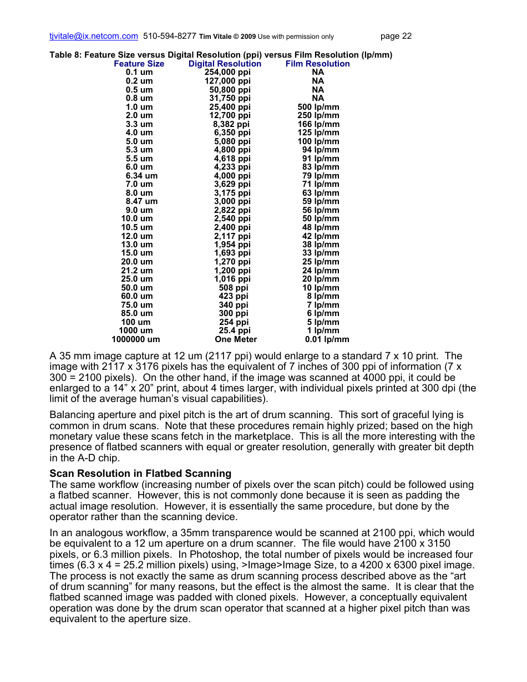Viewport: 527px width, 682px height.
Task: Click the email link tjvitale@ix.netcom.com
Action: click(x=94, y=36)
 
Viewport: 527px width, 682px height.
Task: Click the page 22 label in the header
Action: click(x=396, y=36)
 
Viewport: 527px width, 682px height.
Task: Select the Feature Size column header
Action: click(x=139, y=64)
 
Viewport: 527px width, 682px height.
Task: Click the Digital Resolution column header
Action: click(x=225, y=64)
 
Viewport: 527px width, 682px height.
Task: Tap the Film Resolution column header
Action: click(x=317, y=64)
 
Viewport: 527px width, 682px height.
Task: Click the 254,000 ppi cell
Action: click(x=227, y=72)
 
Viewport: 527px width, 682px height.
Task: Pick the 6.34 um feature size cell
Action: click(x=141, y=176)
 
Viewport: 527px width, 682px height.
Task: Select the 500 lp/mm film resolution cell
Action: click(x=318, y=107)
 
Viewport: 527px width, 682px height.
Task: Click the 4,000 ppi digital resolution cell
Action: click(x=232, y=176)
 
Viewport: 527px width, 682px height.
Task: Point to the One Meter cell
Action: click(x=236, y=339)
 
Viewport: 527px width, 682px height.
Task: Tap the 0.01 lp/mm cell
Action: click(x=327, y=339)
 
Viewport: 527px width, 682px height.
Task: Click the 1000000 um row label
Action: click(x=136, y=339)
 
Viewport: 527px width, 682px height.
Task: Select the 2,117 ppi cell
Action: click(x=232, y=236)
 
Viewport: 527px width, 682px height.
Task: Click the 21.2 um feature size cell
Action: click(x=137, y=271)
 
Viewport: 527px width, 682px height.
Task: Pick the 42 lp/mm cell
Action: click(x=321, y=236)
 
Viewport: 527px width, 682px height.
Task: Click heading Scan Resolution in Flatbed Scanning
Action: click(x=140, y=474)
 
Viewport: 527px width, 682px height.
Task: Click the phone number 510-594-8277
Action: click(x=169, y=36)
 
